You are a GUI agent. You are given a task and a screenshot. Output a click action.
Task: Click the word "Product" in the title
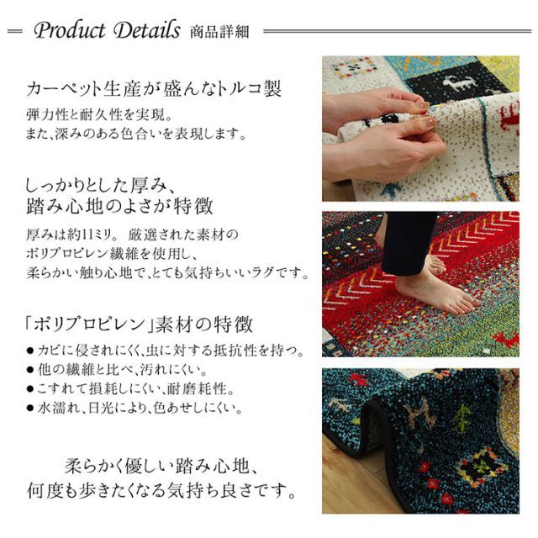point(70,30)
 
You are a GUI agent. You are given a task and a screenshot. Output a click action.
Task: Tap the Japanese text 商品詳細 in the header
point(219,32)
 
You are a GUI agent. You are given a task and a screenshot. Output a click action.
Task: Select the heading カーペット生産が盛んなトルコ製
point(154,89)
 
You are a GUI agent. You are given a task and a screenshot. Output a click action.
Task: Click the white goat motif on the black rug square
point(459,83)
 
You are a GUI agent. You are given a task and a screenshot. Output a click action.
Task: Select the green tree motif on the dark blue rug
point(462,418)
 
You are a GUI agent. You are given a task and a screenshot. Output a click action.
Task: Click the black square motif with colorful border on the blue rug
point(483,467)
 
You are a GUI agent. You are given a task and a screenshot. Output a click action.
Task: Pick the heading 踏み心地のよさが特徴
point(119,206)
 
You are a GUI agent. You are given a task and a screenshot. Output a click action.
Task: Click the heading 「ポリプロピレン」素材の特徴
point(140,324)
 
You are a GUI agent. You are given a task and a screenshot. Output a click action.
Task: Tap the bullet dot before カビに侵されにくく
point(30,351)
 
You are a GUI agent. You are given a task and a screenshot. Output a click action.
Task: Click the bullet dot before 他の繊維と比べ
point(30,370)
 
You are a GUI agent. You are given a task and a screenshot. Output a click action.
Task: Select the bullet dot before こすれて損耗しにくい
point(30,389)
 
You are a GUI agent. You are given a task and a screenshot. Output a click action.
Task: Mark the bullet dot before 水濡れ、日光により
point(30,409)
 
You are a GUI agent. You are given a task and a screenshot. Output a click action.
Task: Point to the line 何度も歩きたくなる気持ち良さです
point(161,490)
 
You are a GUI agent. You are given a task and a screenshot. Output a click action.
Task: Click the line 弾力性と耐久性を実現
point(99,114)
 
